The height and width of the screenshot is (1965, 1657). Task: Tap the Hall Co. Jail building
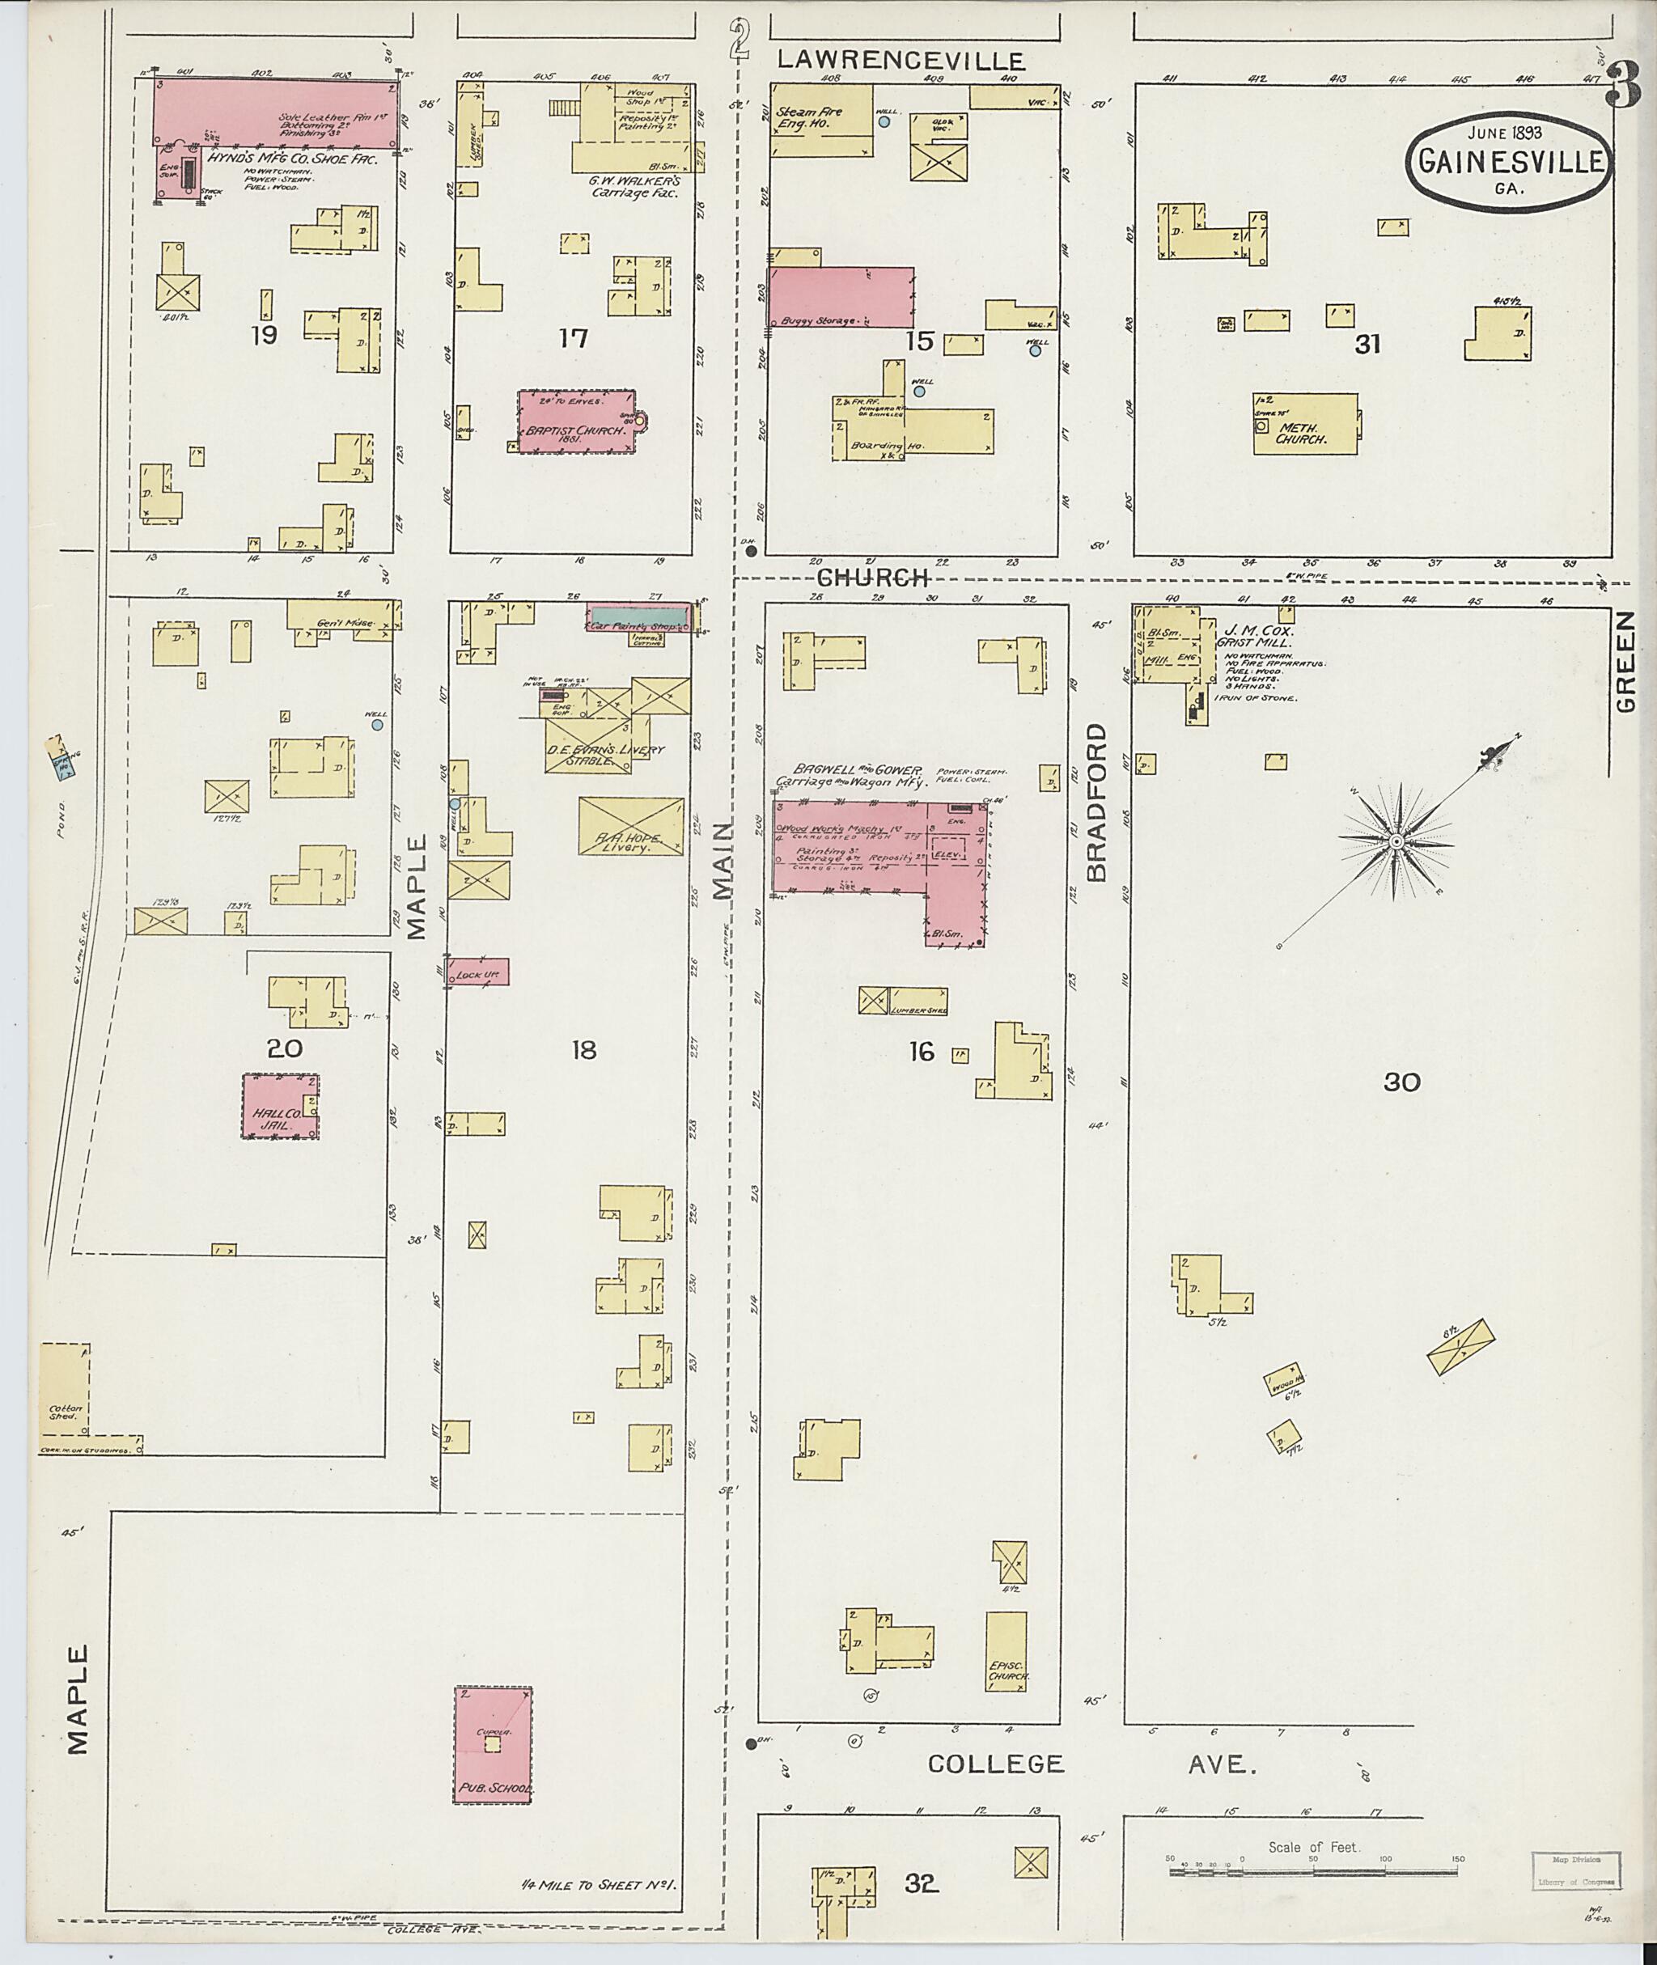point(280,1107)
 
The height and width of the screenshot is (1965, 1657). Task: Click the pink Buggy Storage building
point(841,297)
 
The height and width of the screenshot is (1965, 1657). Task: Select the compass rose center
point(1396,841)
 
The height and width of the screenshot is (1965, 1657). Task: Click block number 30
point(1401,1083)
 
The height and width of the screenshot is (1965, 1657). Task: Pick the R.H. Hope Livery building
point(630,828)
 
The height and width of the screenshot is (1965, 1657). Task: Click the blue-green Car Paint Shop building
point(638,617)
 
